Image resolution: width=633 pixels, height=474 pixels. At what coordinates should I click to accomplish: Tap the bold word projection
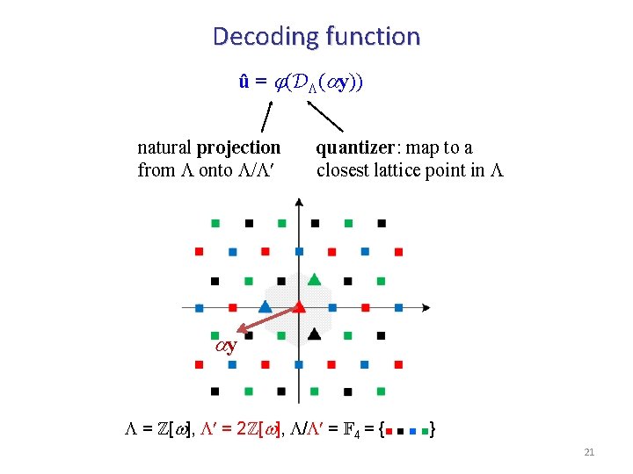pos(239,147)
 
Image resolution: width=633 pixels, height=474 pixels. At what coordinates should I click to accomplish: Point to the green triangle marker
pos(314,279)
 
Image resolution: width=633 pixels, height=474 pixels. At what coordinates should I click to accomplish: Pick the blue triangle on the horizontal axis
pos(265,306)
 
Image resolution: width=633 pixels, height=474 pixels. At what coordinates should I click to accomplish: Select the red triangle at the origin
pos(299,306)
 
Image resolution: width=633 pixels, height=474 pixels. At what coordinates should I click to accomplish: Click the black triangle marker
pos(314,334)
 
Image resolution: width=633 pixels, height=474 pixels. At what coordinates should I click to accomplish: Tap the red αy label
pos(227,346)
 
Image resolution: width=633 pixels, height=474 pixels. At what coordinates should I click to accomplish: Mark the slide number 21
pos(589,452)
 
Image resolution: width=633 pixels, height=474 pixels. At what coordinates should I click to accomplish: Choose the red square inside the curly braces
pos(389,432)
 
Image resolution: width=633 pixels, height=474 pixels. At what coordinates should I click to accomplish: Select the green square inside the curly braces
pos(425,431)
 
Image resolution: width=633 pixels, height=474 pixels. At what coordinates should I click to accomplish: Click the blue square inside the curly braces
pos(413,432)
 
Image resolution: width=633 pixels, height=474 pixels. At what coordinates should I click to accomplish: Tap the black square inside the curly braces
pos(401,432)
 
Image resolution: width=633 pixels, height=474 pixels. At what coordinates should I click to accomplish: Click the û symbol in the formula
pos(245,82)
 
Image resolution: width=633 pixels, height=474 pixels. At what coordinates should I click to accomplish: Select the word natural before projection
pos(165,147)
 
